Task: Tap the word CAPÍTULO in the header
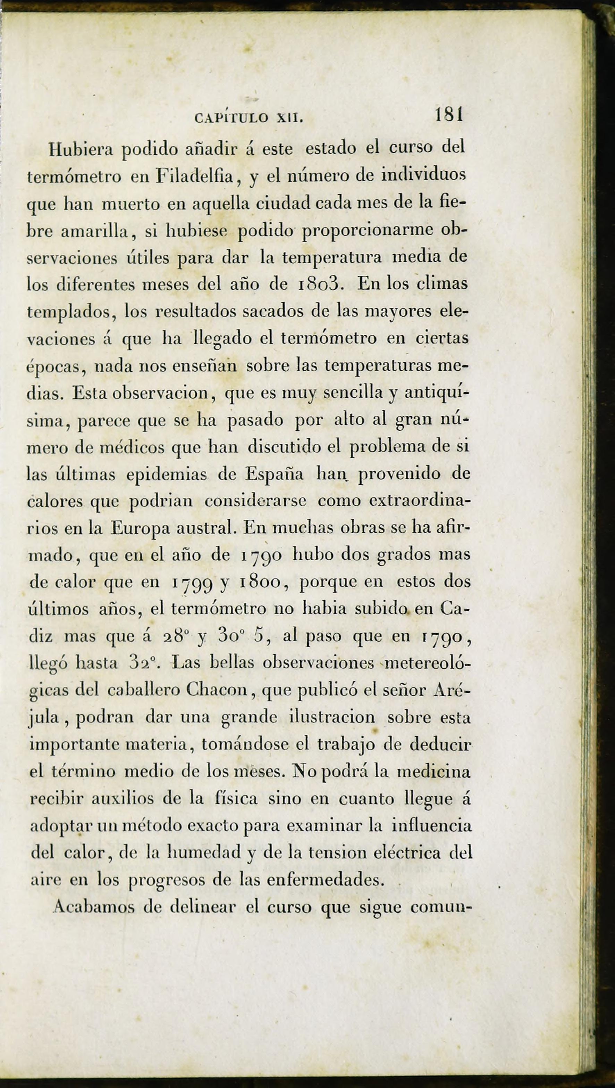[231, 118]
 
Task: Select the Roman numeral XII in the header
[289, 118]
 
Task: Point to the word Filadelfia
[195, 176]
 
